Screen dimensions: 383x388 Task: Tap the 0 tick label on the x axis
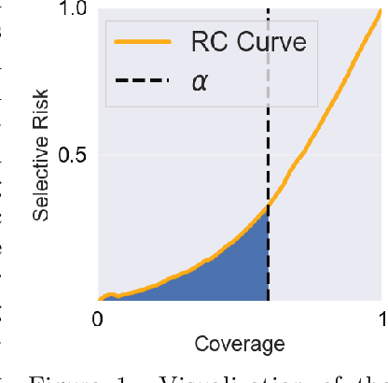click(x=97, y=318)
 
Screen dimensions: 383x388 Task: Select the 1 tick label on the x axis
click(x=382, y=318)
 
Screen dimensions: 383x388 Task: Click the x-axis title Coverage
click(x=240, y=344)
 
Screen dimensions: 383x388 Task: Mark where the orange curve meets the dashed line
click(x=269, y=205)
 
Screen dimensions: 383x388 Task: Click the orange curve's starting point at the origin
click(x=99, y=300)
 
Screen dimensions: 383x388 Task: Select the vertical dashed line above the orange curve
click(x=269, y=140)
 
